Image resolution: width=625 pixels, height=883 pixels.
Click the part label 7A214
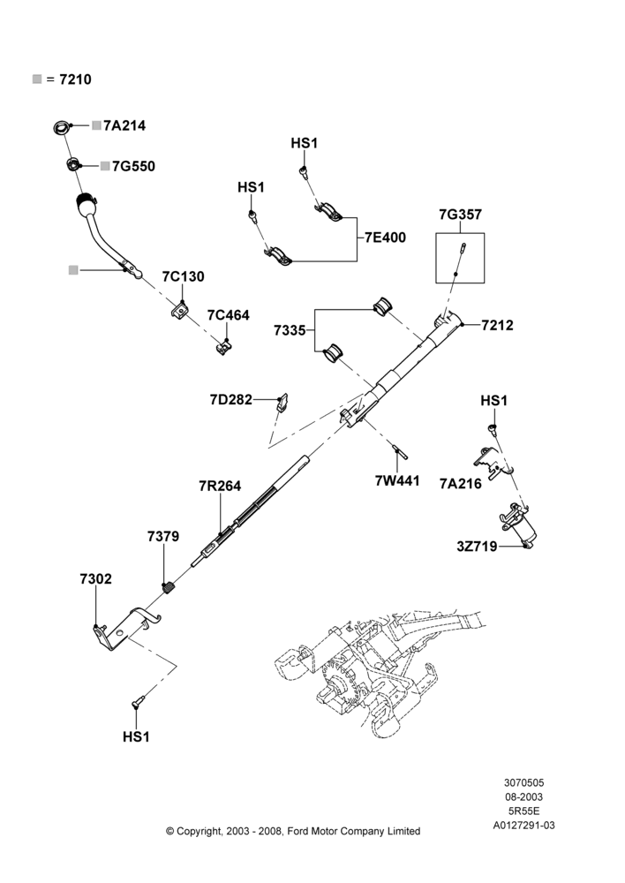(124, 125)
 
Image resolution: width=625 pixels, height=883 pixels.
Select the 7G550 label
(133, 166)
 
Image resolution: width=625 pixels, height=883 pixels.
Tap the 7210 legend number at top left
(75, 79)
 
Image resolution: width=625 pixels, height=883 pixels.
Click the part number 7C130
(183, 276)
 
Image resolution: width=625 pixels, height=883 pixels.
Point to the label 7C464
(228, 315)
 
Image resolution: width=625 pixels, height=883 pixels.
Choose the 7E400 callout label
(385, 238)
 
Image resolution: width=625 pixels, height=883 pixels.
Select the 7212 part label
(497, 325)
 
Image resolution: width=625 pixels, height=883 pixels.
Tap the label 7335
(290, 330)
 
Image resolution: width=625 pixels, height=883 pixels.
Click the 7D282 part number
(231, 400)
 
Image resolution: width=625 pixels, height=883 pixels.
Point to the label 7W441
(397, 480)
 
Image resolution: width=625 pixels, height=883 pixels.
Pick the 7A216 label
(461, 483)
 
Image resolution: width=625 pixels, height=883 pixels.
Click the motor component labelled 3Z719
(518, 525)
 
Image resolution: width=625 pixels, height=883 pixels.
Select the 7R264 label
(220, 486)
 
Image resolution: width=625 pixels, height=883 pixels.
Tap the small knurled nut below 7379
(169, 588)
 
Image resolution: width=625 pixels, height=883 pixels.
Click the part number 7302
(95, 579)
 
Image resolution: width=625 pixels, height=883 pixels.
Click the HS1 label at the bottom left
(136, 736)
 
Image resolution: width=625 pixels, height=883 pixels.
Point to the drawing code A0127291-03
(523, 826)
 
